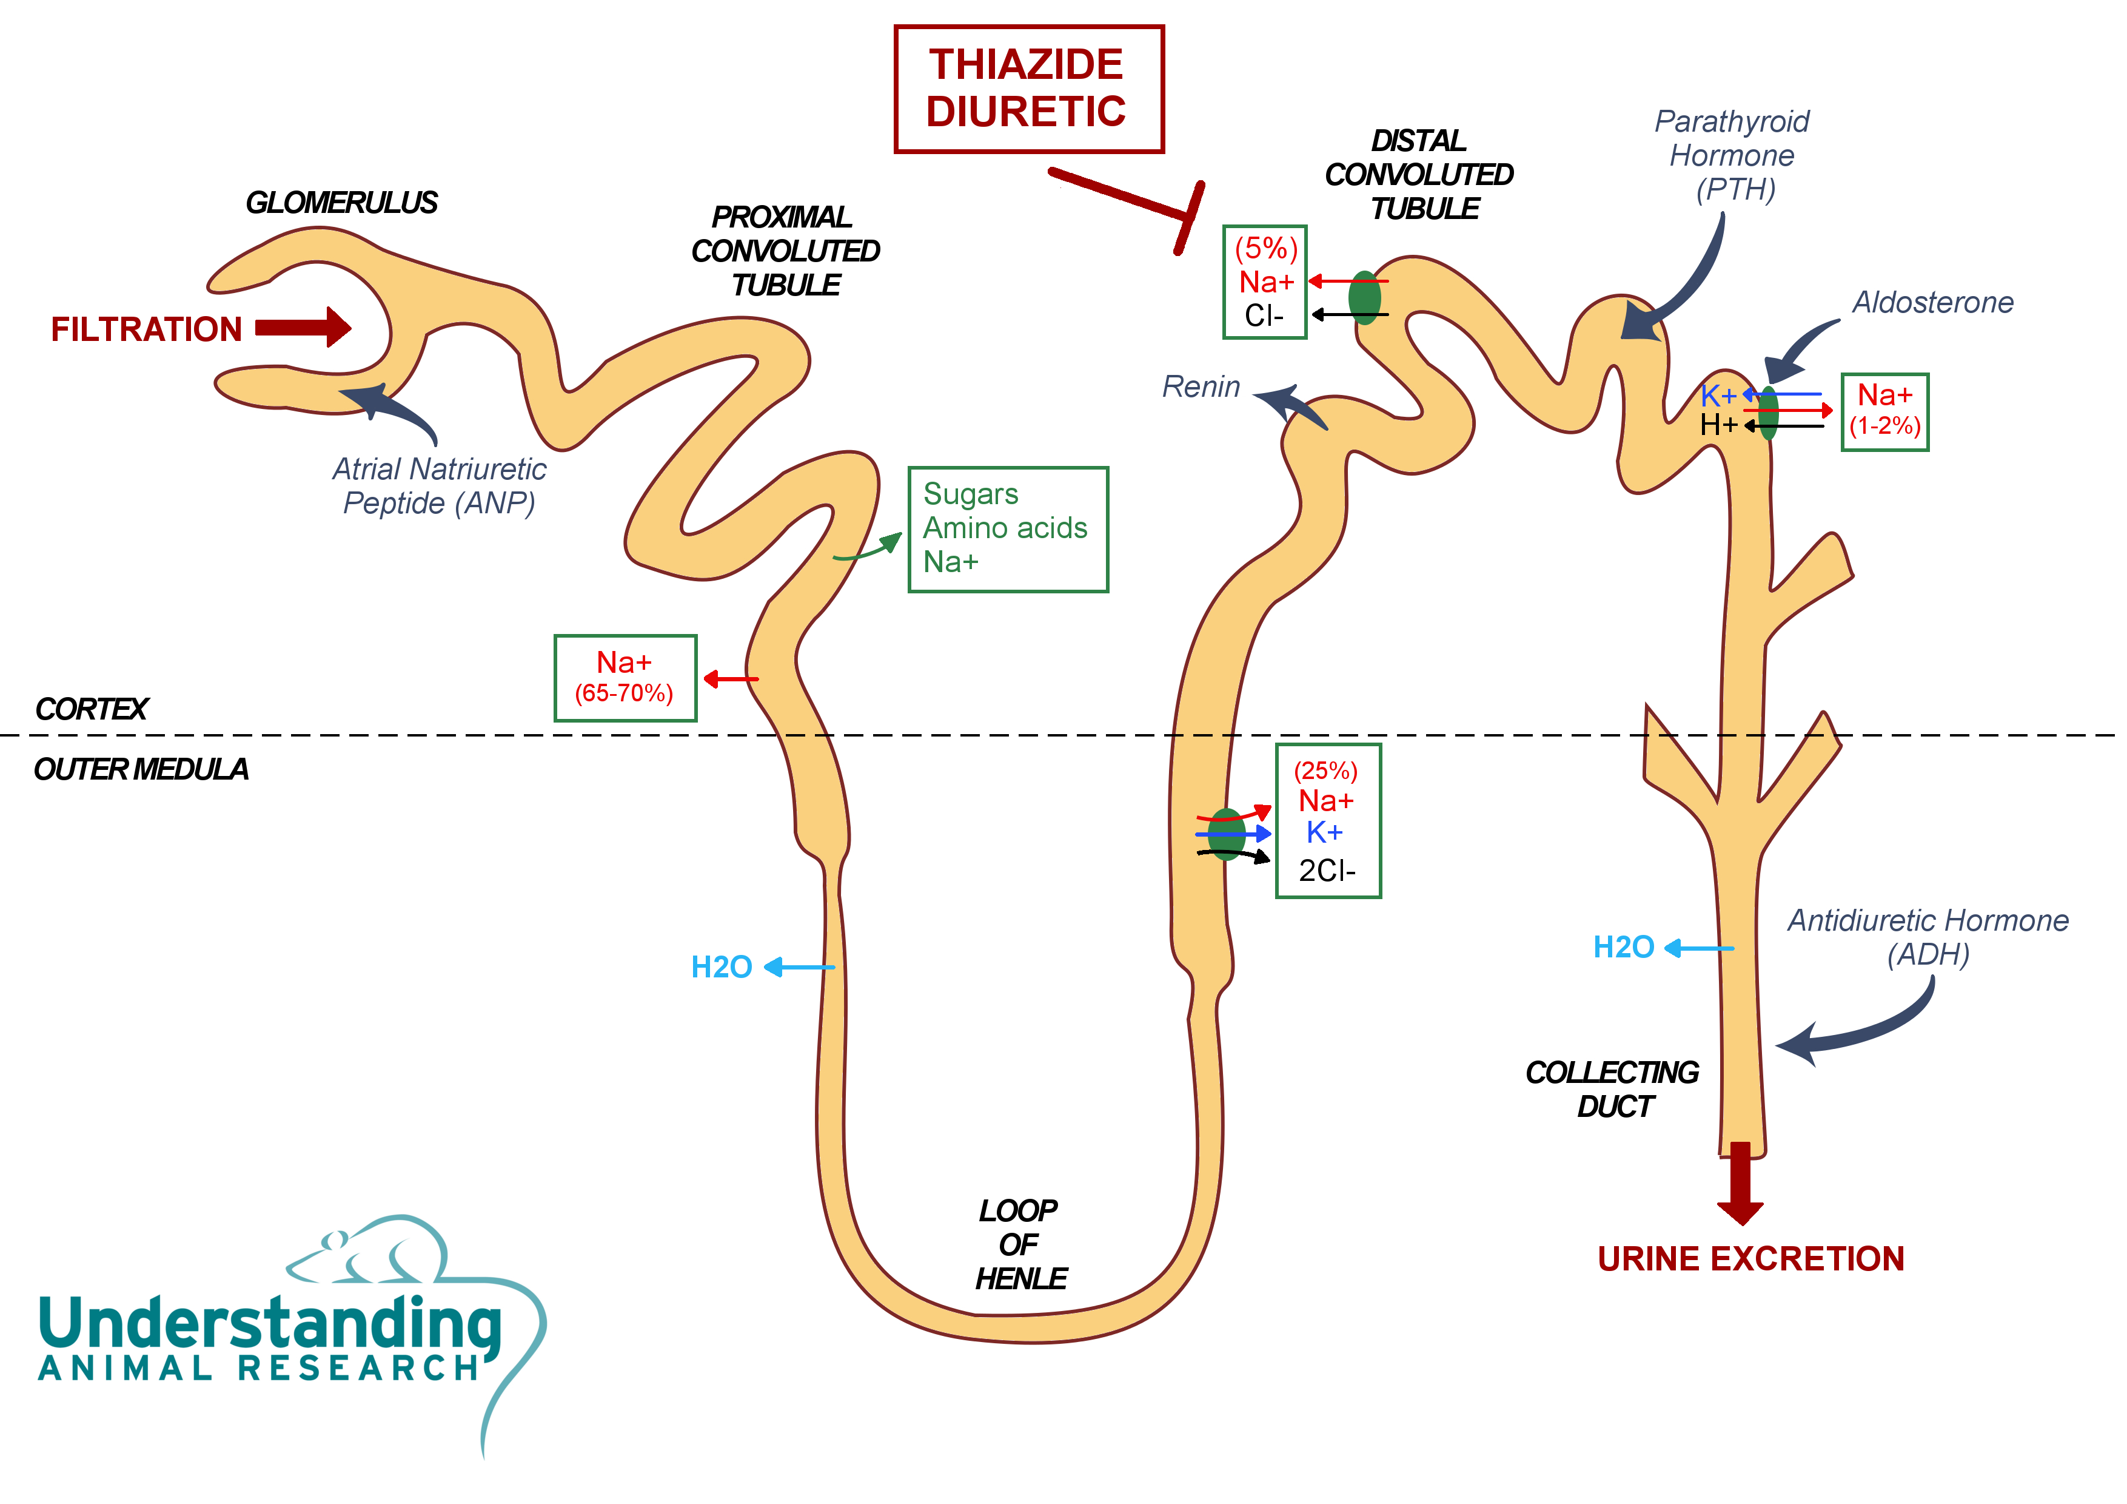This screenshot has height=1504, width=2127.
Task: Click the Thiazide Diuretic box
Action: (x=1028, y=89)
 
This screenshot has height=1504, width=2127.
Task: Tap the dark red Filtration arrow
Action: (x=303, y=327)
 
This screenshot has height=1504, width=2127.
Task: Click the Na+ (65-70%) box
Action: (x=625, y=678)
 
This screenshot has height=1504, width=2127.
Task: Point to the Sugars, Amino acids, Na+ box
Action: (x=1008, y=529)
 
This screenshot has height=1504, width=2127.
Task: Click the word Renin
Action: (x=1201, y=386)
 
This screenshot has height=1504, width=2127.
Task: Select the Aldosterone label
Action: (x=1932, y=303)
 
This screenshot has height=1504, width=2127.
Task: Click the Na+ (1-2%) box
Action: (x=1884, y=411)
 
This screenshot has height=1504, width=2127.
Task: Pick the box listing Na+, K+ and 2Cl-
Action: (x=1327, y=821)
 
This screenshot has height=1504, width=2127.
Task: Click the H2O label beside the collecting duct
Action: (x=1623, y=947)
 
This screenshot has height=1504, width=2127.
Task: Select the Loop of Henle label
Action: (x=1020, y=1244)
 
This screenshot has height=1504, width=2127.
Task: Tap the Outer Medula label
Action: (x=141, y=769)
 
